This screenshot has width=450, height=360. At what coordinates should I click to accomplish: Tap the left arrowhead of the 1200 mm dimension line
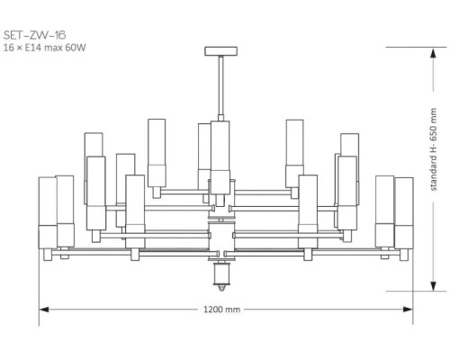[x=41, y=309]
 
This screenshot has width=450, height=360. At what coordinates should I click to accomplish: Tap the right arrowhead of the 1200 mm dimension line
[x=410, y=309]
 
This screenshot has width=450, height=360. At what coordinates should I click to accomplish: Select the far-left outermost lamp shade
[x=47, y=212]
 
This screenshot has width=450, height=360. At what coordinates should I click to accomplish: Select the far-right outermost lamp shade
[x=404, y=212]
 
